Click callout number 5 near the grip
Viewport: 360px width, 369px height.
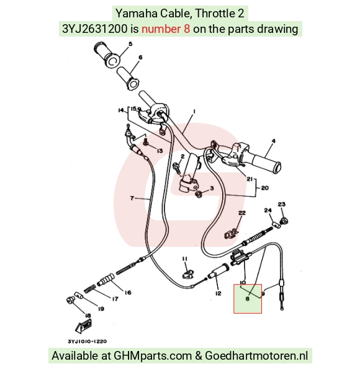pyautogui.click(x=130, y=44)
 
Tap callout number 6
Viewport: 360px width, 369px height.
pyautogui.click(x=140, y=58)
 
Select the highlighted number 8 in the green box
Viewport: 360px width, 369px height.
pyautogui.click(x=247, y=299)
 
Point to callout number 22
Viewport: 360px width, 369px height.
pyautogui.click(x=242, y=213)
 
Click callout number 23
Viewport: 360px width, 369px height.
pyautogui.click(x=282, y=204)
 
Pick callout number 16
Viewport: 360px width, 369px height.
pyautogui.click(x=128, y=293)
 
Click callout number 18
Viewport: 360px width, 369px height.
pyautogui.click(x=88, y=316)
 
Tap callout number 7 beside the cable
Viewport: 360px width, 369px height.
pyautogui.click(x=132, y=198)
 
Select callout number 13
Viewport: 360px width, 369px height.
pyautogui.click(x=160, y=151)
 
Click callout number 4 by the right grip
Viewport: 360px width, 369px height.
pyautogui.click(x=273, y=141)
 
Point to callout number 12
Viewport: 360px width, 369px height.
pyautogui.click(x=218, y=293)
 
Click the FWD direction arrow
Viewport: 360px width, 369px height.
pyautogui.click(x=83, y=326)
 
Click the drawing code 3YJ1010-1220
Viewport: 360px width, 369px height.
pyautogui.click(x=88, y=341)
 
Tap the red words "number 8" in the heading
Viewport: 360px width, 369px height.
pyautogui.click(x=166, y=29)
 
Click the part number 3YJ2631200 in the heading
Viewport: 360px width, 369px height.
pyautogui.click(x=95, y=29)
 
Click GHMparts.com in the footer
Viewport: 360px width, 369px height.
pyautogui.click(x=153, y=355)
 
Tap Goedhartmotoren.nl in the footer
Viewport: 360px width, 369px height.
pyautogui.click(x=256, y=355)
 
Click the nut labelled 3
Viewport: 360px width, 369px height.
pyautogui.click(x=199, y=194)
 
